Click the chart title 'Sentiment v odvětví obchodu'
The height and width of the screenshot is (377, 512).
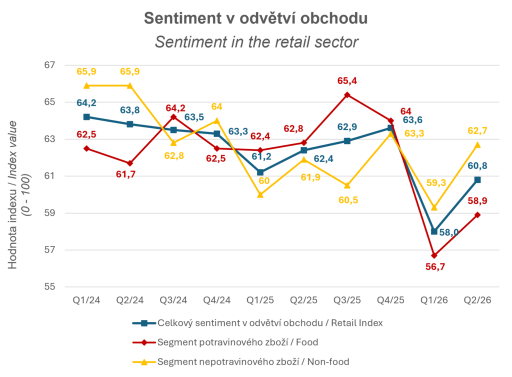pos(255,18)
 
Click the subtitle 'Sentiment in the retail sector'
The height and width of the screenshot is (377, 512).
pos(256,42)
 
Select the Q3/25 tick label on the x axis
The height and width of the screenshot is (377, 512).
pos(347,300)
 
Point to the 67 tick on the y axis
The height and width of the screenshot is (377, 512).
pos(49,65)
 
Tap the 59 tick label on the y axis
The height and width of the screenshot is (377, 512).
pos(49,213)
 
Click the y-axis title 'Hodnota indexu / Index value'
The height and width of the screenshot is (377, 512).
pos(13,194)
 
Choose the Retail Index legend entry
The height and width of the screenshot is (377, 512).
pos(258,323)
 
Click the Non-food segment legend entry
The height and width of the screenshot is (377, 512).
pos(241,361)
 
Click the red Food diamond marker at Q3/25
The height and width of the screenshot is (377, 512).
pos(347,95)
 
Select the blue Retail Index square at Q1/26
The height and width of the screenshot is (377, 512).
pos(434,231)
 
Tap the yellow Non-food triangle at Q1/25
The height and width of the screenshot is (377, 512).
pos(260,194)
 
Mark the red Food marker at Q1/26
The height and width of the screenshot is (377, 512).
pos(434,255)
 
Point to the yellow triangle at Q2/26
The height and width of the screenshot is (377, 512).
pos(477,144)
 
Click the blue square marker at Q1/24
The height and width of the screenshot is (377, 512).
pos(86,117)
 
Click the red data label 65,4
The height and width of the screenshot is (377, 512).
pos(347,80)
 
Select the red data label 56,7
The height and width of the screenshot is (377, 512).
pos(435,267)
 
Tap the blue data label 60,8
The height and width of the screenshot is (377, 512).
pos(477,166)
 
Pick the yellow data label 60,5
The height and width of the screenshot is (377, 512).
pos(348,200)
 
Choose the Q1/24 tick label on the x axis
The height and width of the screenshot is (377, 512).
pos(86,300)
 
